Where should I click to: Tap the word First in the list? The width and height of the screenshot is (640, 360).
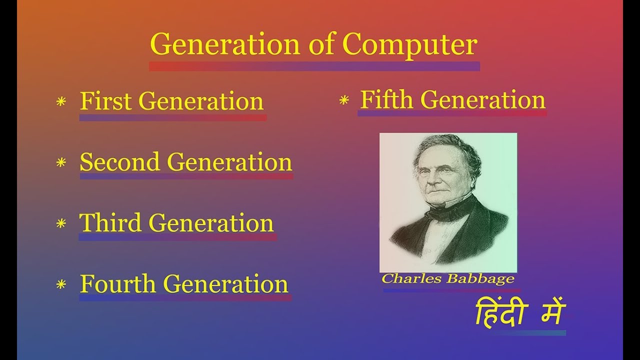[105, 101]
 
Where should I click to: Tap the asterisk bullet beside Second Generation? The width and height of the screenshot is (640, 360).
[61, 163]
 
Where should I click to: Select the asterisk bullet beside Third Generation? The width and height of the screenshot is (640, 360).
[61, 223]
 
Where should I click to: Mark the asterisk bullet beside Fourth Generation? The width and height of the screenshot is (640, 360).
[61, 285]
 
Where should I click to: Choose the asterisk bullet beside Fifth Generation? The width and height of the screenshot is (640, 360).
[344, 101]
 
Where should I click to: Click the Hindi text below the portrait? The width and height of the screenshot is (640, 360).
[519, 314]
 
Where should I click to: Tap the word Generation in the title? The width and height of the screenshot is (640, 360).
[225, 45]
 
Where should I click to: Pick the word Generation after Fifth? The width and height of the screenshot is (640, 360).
[482, 99]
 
